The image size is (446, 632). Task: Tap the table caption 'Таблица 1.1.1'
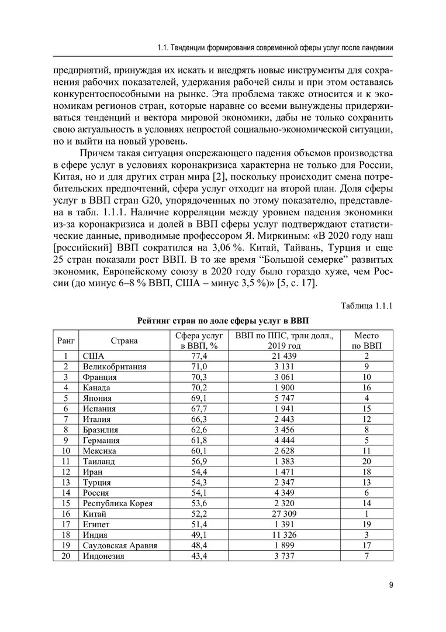pos(367,305)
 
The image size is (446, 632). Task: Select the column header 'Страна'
pos(124,341)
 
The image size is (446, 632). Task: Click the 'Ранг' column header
pos(66,341)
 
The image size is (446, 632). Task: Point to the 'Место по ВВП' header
pos(366,341)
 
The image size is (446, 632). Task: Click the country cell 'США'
pos(94,356)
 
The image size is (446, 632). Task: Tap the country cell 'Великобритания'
pos(115,366)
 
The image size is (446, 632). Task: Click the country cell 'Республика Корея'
pos(118,504)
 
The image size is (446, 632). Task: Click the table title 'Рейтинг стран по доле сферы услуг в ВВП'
pos(223,321)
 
